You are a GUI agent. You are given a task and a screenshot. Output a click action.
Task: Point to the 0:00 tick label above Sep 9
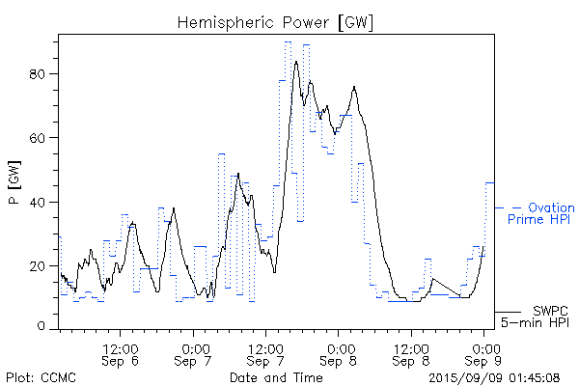point(484,346)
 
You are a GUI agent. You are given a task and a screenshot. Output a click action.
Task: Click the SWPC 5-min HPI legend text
point(538,316)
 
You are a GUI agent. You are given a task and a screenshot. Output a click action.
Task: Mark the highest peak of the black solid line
point(296,62)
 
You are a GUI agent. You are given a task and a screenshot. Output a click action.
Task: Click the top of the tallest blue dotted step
point(288,41)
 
